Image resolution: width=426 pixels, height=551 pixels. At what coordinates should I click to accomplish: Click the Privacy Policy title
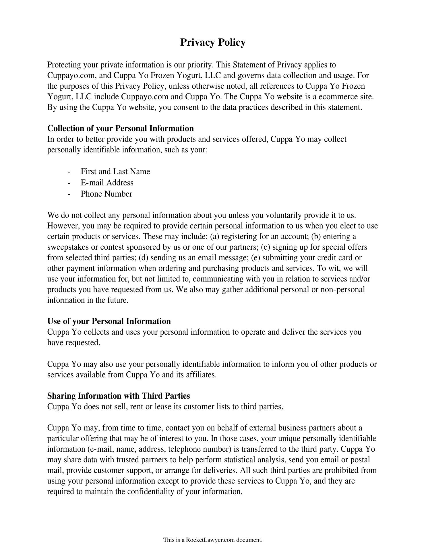pos(213,42)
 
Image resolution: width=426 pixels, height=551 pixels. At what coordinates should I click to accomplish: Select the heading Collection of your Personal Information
pos(120,128)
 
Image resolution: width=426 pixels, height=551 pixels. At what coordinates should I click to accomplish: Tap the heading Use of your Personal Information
pos(109,321)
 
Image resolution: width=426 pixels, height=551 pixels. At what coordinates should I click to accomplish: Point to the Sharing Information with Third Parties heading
pos(118,396)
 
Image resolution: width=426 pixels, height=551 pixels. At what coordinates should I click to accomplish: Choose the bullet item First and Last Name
pos(115,172)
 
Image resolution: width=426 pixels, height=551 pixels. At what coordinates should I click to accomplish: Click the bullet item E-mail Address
pos(107,183)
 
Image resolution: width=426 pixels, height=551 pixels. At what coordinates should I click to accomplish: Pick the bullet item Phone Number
pos(106,194)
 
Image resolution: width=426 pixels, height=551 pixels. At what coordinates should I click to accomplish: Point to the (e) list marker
pos(255,258)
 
